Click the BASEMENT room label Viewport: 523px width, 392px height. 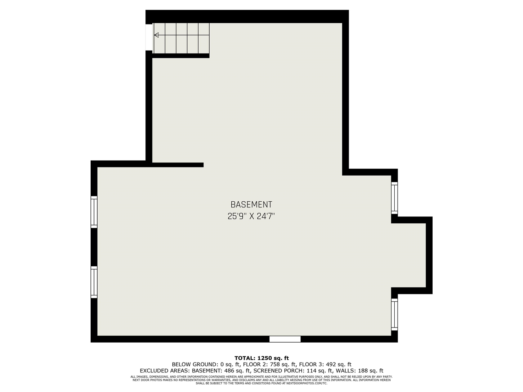tap(251, 205)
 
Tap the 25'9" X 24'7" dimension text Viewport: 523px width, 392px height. tap(251, 216)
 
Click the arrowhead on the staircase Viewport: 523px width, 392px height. tap(156, 35)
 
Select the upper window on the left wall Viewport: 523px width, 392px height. tap(94, 212)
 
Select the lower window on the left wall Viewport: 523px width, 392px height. tap(94, 282)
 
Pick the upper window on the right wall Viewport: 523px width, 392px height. tap(394, 198)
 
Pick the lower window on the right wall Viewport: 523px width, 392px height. tap(394, 314)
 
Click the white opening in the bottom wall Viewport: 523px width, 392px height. tap(285, 339)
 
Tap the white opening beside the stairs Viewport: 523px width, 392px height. tap(149, 37)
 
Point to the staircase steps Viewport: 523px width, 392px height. tap(181, 38)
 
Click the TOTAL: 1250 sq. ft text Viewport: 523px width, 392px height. tap(261, 358)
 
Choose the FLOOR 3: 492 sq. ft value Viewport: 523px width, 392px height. tap(325, 364)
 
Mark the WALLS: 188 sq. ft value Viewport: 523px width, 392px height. tap(360, 371)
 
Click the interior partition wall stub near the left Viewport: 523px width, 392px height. tap(178, 165)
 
